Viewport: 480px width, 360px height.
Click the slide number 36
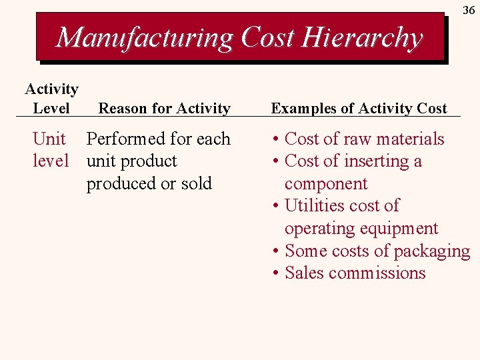(469, 11)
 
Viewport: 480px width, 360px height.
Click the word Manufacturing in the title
(145, 37)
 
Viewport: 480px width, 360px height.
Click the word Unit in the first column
(49, 139)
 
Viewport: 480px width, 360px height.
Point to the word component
(326, 184)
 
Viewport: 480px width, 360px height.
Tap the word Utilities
(314, 206)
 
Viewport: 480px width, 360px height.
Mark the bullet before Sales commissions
(275, 273)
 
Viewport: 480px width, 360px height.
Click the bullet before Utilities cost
(275, 206)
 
